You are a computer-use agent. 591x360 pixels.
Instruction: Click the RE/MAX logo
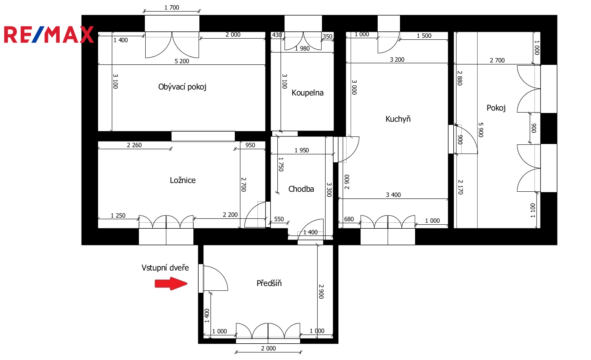pos(49,34)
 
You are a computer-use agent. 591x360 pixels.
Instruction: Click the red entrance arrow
pos(171,284)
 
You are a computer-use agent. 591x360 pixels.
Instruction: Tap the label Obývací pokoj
pos(182,87)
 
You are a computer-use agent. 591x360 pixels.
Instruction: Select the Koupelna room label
pos(307,93)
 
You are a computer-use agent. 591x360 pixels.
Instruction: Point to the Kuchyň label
pos(398,119)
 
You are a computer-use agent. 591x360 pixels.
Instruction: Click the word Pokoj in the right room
pos(496,108)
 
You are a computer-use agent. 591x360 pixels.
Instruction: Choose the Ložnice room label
pos(183,180)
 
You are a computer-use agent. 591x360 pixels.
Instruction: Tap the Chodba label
pos(301,189)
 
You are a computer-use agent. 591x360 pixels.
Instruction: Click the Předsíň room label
pos(269,283)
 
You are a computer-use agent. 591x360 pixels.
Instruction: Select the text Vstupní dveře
pos(165,268)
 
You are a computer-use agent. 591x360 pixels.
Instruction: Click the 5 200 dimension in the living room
pos(182,61)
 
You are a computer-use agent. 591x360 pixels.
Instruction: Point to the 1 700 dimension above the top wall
pos(172,8)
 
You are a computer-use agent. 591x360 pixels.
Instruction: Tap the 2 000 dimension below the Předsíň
pos(268,348)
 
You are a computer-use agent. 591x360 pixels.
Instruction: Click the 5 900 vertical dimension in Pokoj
pos(481,130)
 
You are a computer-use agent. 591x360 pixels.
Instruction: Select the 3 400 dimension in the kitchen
pos(393,195)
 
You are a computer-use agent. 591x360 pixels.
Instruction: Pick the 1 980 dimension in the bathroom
pos(302,49)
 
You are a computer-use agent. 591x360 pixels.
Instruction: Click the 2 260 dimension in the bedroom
pos(134,145)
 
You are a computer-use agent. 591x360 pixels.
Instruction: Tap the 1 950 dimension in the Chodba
pos(302,150)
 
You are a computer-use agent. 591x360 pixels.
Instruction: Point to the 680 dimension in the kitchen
pos(349,219)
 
